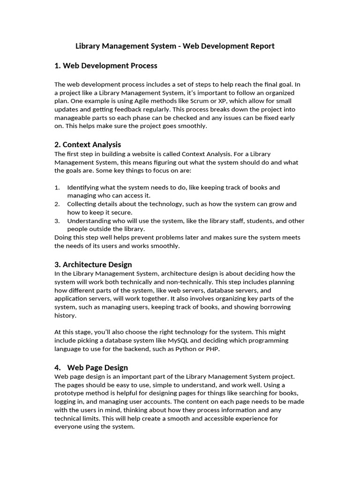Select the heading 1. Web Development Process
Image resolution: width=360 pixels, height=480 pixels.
tap(106, 66)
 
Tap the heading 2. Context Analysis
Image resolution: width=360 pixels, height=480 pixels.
tap(88, 144)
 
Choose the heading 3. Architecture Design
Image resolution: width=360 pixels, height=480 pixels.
tap(93, 264)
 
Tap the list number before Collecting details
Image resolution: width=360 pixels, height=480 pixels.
tap(57, 204)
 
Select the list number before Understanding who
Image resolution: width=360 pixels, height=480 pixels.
tap(57, 221)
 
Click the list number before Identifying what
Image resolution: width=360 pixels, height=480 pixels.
tap(57, 187)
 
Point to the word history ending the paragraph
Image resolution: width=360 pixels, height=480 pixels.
tap(64, 315)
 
